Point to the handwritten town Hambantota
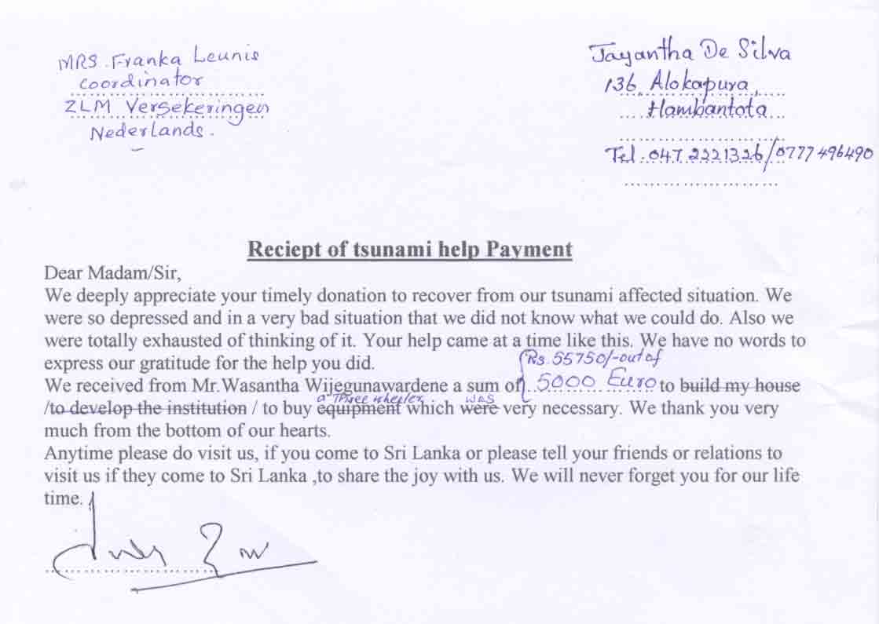[706, 109]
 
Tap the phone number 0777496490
[824, 153]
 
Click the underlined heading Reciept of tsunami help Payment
[410, 250]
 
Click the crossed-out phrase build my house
[740, 385]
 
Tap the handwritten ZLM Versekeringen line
[165, 107]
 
